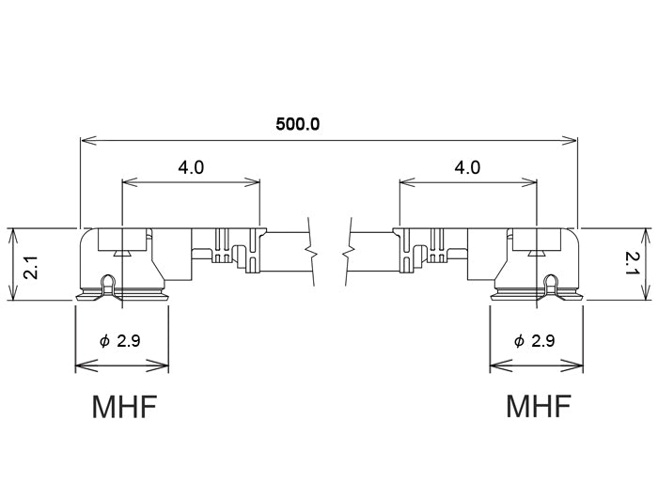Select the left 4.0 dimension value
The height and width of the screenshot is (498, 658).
(x=191, y=167)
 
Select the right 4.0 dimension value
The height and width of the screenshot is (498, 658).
(x=467, y=167)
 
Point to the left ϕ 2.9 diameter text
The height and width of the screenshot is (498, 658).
(x=120, y=340)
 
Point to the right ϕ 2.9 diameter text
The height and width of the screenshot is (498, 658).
(x=534, y=340)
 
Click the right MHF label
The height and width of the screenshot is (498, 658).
(x=539, y=407)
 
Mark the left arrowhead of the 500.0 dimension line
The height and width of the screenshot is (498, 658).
(x=86, y=141)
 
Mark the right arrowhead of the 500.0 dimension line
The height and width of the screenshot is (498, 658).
(x=572, y=141)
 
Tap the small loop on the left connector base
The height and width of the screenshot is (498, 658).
(x=109, y=282)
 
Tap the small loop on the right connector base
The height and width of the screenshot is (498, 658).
(x=550, y=282)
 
